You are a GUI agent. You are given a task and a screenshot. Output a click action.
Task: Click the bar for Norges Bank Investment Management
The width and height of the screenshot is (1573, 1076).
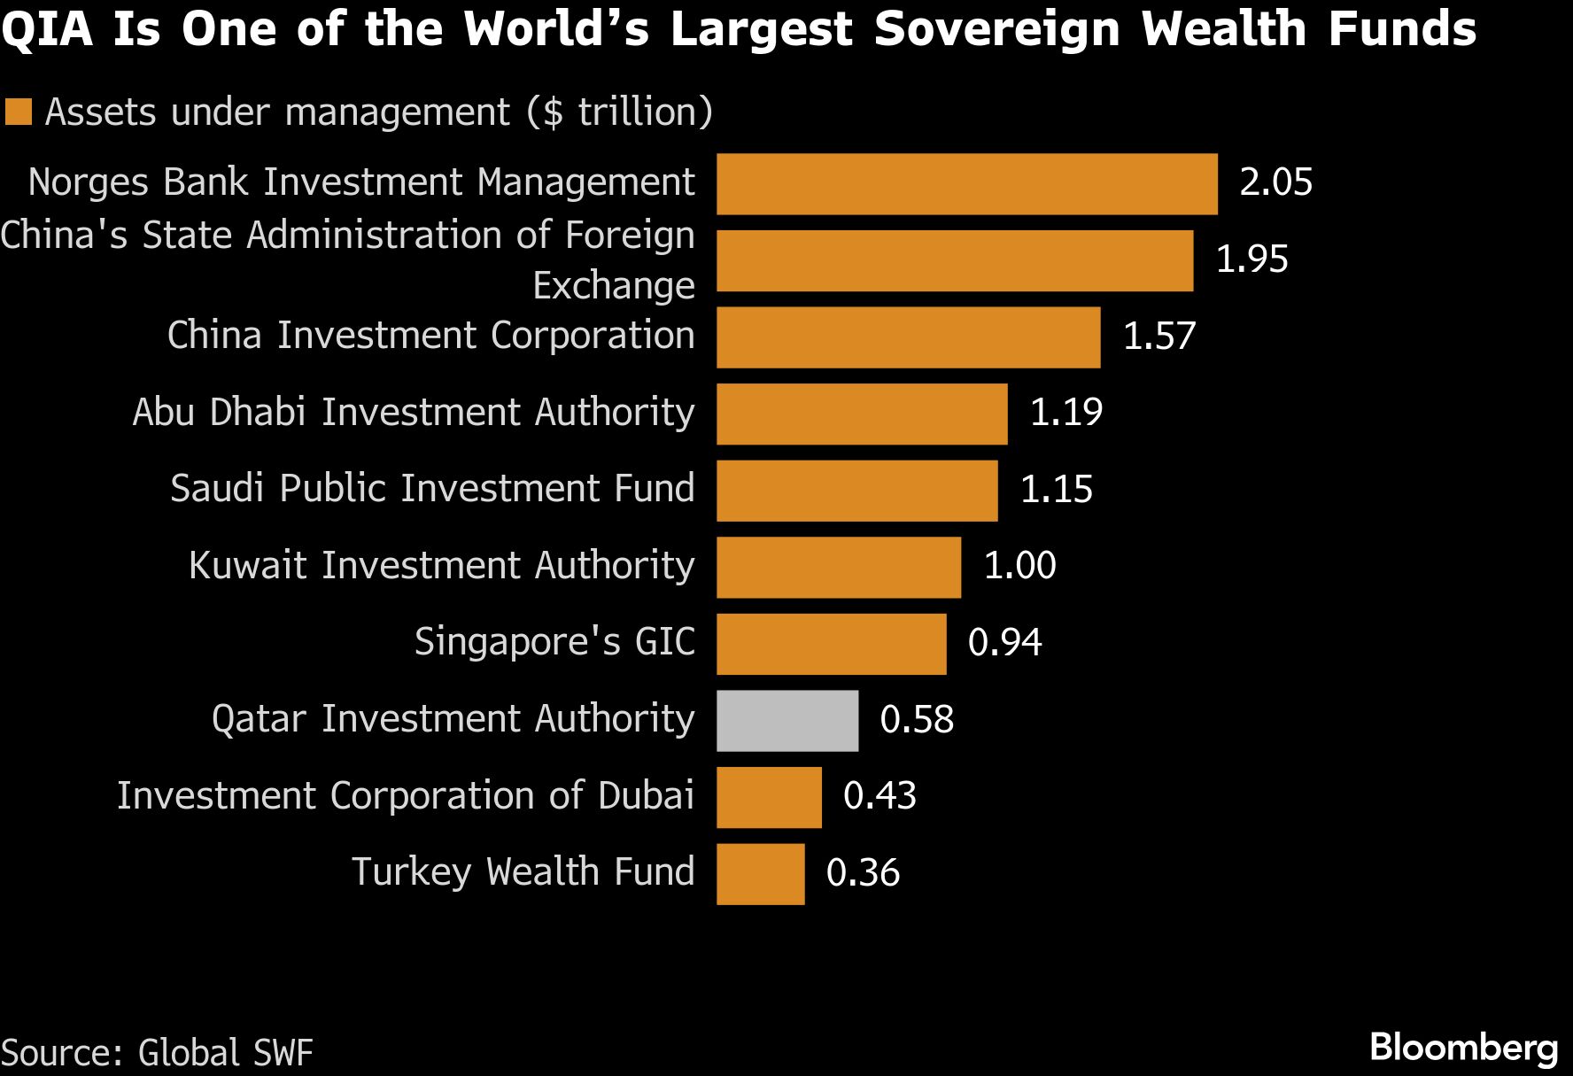pyautogui.click(x=966, y=183)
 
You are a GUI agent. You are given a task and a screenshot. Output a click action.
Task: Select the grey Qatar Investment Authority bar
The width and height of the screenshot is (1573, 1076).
pyautogui.click(x=786, y=720)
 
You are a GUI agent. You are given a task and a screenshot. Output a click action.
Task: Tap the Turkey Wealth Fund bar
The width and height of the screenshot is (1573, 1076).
pyautogui.click(x=760, y=873)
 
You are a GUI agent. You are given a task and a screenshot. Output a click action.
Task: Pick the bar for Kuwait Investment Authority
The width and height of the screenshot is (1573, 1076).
pyautogui.click(x=838, y=567)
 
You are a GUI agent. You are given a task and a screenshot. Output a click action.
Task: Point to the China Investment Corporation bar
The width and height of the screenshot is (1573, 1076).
pyautogui.click(x=908, y=337)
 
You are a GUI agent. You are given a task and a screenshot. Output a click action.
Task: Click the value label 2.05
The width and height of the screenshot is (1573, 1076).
pyautogui.click(x=1275, y=182)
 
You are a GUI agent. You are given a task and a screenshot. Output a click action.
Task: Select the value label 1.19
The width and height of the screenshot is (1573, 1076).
pyautogui.click(x=1065, y=413)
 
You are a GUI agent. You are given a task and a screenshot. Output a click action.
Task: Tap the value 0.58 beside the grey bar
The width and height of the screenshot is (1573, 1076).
pyautogui.click(x=917, y=719)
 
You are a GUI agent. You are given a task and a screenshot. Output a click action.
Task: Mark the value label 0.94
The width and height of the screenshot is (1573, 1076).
pyautogui.click(x=1004, y=643)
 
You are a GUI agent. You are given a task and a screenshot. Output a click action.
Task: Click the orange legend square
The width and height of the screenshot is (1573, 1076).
pyautogui.click(x=18, y=112)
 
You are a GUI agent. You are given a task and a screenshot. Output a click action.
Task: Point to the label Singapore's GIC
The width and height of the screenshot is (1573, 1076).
pyautogui.click(x=554, y=642)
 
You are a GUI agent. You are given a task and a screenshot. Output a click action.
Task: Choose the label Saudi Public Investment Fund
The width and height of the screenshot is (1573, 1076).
pyautogui.click(x=432, y=489)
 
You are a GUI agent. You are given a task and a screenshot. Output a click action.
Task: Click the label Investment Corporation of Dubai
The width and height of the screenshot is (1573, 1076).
pyautogui.click(x=405, y=795)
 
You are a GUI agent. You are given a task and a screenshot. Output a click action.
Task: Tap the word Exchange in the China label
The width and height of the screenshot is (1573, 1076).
pyautogui.click(x=613, y=286)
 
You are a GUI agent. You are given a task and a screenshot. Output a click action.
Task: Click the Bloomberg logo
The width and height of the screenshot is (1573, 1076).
pyautogui.click(x=1463, y=1048)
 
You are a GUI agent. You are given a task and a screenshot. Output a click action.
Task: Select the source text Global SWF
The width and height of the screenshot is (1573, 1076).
pyautogui.click(x=225, y=1053)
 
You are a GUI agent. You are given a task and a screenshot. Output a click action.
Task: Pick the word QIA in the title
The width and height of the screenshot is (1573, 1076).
pyautogui.click(x=48, y=28)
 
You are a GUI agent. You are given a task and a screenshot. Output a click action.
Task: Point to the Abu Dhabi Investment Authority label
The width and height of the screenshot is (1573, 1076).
pyautogui.click(x=413, y=413)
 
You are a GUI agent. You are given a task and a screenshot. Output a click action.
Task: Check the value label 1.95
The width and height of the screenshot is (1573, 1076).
pyautogui.click(x=1251, y=259)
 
